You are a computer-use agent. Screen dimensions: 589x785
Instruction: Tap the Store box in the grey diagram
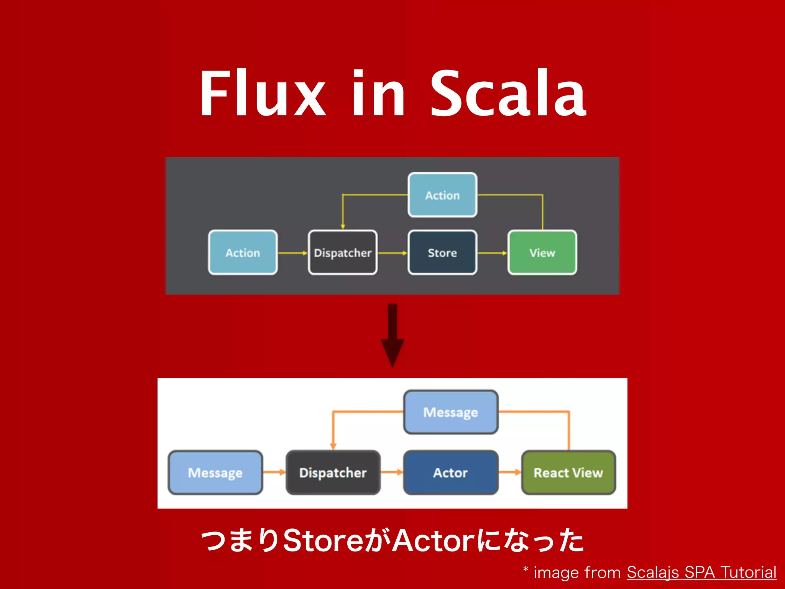click(442, 253)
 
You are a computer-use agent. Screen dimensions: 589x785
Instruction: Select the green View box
click(542, 253)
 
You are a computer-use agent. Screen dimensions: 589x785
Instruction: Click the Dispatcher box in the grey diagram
click(343, 253)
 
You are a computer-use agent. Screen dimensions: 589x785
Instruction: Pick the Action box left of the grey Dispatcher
click(243, 253)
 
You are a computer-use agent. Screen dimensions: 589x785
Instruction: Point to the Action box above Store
click(442, 195)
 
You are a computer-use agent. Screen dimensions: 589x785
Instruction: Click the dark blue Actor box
click(450, 472)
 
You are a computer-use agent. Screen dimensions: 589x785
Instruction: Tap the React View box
click(568, 472)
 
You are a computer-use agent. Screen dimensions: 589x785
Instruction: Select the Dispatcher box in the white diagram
click(333, 472)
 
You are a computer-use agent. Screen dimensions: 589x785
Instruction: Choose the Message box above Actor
click(450, 412)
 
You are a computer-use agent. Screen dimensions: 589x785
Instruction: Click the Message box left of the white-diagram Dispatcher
click(215, 472)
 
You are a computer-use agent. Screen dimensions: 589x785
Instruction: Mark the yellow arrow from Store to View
click(492, 253)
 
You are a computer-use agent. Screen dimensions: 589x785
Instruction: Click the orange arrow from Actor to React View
click(509, 472)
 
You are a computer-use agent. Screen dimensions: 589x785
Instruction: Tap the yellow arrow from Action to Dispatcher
click(292, 253)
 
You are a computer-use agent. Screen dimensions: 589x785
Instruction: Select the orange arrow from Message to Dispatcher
click(274, 472)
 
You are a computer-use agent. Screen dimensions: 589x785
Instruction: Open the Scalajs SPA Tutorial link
click(701, 573)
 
